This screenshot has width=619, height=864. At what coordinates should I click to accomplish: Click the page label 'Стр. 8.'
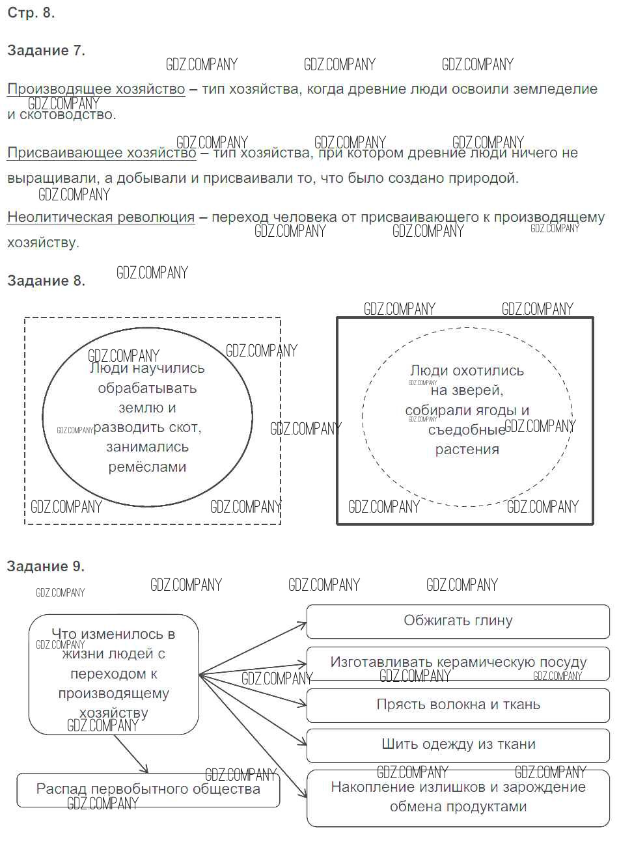31,13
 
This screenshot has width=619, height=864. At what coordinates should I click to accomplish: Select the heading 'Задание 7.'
46,50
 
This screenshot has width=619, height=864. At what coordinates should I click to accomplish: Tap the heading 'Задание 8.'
46,280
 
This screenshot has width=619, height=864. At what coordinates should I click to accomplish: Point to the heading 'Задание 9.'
46,566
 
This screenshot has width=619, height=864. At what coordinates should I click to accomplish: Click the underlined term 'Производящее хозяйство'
96,89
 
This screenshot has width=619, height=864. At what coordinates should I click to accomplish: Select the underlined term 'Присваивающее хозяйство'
102,153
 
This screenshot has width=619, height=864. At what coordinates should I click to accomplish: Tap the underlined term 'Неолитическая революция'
101,217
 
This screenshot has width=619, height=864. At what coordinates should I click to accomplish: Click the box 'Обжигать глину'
458,621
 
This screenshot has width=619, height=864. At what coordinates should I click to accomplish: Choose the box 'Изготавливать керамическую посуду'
458,662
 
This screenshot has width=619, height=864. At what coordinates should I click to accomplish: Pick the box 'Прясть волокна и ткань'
458,705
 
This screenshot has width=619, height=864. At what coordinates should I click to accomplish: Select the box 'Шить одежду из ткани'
458,744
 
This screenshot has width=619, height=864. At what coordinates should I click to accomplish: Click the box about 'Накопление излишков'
458,797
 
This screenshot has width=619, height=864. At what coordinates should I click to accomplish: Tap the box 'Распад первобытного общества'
148,789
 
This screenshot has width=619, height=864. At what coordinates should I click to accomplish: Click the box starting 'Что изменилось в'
113,673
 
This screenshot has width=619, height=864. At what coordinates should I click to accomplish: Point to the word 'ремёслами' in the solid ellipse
147,467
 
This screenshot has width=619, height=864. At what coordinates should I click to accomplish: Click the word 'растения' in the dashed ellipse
467,450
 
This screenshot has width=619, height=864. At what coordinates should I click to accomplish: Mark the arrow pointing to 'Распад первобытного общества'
131,754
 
